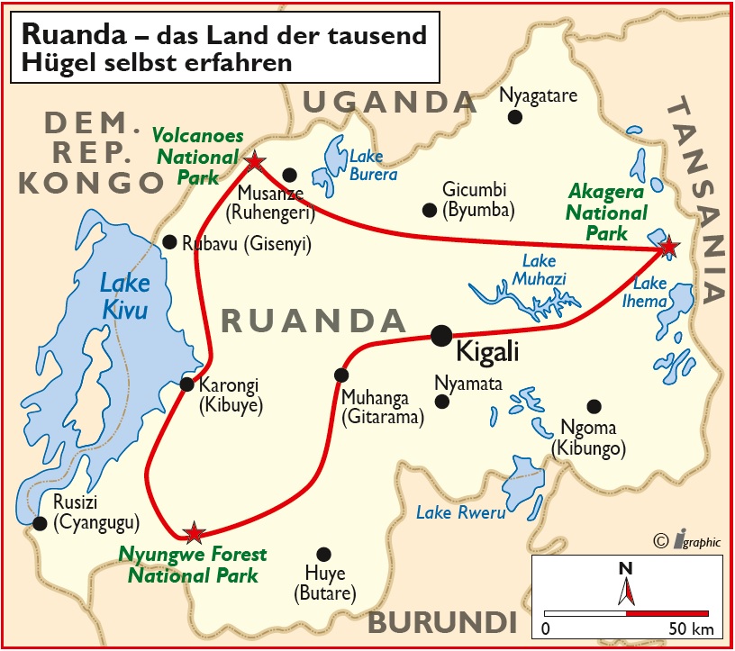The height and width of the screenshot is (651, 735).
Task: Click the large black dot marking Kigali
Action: coord(441,336)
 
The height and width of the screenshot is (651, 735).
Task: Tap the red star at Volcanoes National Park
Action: coord(255,161)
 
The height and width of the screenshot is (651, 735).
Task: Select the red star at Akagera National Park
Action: coord(667,246)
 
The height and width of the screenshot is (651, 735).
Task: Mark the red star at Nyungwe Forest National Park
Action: coord(193,533)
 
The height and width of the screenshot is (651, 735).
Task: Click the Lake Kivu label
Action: coord(124,296)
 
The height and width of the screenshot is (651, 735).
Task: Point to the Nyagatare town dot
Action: coord(515,116)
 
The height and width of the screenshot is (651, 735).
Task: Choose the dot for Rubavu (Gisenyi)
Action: coord(168,242)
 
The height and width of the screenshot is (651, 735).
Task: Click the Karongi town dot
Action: coord(187,384)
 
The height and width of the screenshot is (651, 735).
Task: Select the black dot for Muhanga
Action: coord(340,375)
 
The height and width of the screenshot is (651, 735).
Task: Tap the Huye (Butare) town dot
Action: coord(323,554)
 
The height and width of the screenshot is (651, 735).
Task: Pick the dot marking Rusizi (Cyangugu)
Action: coord(39,523)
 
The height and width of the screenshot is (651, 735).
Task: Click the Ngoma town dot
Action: coord(593,406)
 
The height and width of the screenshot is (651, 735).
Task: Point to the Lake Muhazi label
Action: coord(538,270)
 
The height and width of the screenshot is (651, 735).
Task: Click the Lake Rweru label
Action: coord(460,512)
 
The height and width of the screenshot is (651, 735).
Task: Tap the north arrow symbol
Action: coord(626,584)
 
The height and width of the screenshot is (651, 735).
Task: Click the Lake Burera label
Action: coord(373,166)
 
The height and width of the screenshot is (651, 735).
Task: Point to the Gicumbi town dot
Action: coord(429,210)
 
